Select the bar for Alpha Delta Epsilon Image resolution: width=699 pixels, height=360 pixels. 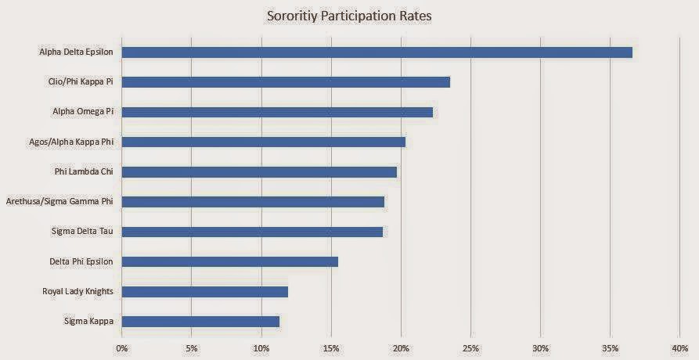(x=377, y=52)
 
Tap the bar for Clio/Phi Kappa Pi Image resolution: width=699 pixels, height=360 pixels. (x=286, y=82)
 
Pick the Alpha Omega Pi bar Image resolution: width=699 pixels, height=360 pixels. (x=277, y=112)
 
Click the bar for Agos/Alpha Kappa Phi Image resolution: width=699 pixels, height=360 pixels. (x=264, y=142)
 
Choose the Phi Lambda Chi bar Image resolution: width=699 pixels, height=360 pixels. (x=259, y=171)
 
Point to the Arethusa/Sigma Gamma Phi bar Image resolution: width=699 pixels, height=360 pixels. (x=253, y=201)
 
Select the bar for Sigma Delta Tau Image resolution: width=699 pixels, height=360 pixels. (x=252, y=232)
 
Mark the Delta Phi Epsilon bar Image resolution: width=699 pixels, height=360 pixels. (x=230, y=261)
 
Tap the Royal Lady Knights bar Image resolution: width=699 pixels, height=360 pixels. (x=205, y=291)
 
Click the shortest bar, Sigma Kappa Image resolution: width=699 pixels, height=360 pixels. (x=200, y=321)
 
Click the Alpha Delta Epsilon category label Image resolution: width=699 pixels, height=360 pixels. (x=76, y=52)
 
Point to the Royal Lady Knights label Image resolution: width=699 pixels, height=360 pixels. (x=77, y=291)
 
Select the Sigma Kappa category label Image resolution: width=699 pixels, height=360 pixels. (x=88, y=321)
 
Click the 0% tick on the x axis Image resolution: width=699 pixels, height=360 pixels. (x=122, y=347)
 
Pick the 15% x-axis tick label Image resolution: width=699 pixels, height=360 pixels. (x=331, y=347)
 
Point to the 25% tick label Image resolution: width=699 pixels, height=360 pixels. (x=470, y=347)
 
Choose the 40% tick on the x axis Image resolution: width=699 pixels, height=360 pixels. (x=679, y=347)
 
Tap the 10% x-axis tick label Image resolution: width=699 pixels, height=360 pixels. (x=261, y=347)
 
